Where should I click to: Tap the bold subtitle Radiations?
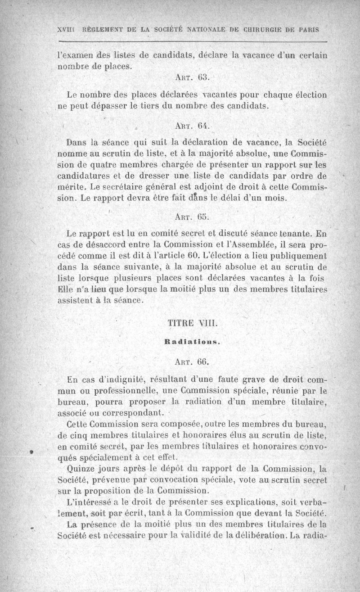[192, 342]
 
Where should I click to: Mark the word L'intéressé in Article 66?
[85, 502]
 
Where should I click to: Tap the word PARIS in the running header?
[307, 30]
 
